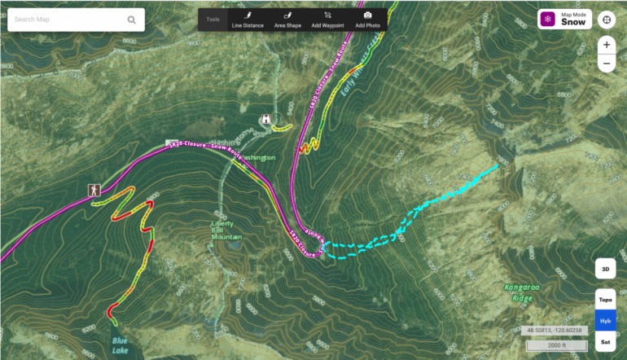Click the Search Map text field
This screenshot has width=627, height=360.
(65, 20)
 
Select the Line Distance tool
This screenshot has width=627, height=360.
(248, 20)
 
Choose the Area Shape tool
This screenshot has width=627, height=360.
(287, 20)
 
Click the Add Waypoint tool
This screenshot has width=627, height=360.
(327, 20)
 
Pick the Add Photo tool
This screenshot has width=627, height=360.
(367, 20)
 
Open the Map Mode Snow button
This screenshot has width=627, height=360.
(564, 20)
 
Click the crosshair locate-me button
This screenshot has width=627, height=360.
(607, 20)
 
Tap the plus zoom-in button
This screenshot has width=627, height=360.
(607, 46)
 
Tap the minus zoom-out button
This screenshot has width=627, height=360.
(607, 64)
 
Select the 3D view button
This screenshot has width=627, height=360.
(605, 268)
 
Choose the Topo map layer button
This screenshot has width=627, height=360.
(605, 300)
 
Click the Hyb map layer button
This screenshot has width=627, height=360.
(605, 321)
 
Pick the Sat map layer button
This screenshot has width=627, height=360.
(605, 342)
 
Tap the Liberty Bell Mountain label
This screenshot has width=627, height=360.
(227, 230)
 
